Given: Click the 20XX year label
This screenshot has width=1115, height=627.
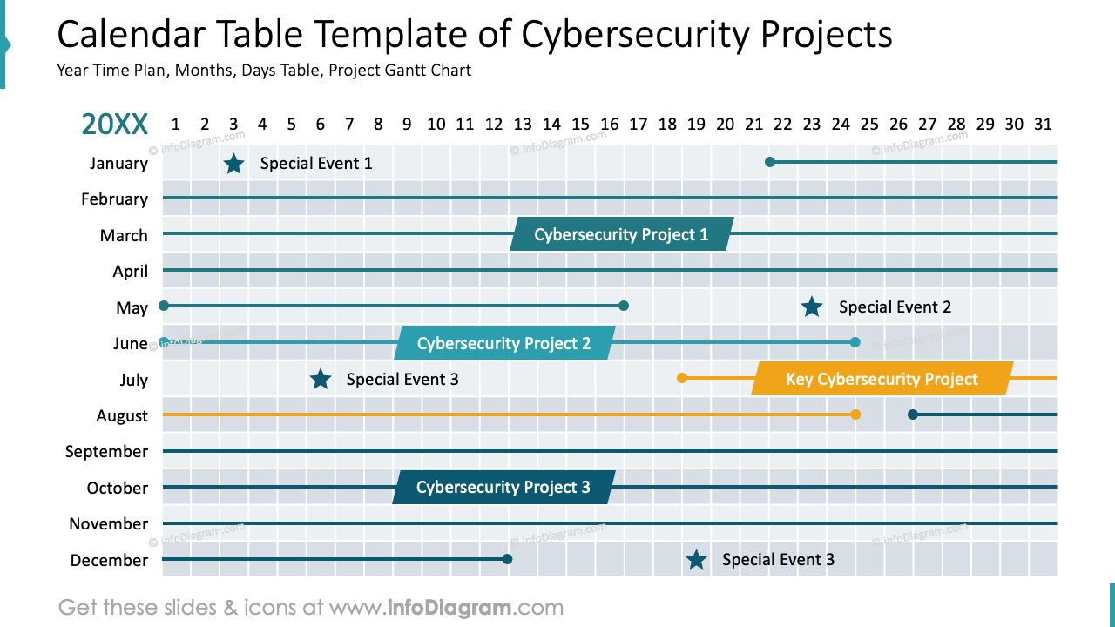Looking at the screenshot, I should (x=115, y=125).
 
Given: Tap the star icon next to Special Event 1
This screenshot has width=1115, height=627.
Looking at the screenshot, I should (x=233, y=164).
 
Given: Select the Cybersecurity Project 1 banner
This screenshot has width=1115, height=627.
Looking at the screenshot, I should (x=621, y=234).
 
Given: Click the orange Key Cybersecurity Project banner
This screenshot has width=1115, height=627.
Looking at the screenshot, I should (x=882, y=379).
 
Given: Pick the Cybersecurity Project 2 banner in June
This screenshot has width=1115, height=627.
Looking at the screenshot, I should (x=503, y=343).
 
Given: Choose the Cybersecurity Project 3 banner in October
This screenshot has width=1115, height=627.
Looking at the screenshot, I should (x=503, y=487).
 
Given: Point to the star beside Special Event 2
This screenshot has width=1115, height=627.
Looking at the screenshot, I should (x=812, y=307).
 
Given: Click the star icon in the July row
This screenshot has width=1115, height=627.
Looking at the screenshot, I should (x=321, y=379).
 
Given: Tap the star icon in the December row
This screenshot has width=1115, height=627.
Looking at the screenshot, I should (x=696, y=560).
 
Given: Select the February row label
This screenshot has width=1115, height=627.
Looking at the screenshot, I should (x=114, y=199).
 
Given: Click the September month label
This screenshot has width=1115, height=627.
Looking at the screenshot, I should (x=106, y=451).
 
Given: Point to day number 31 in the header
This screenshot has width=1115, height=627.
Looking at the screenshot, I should (x=1043, y=125).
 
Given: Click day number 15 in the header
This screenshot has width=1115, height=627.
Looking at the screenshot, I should (x=581, y=125).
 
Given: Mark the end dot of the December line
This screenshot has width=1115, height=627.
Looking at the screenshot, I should (x=508, y=559).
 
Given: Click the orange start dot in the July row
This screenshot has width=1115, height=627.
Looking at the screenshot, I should (x=682, y=378).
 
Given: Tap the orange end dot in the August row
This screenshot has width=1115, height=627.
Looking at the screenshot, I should (x=855, y=415).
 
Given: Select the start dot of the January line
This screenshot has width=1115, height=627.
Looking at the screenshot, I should (x=770, y=162).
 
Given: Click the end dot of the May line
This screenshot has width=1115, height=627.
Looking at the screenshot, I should (x=624, y=306).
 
